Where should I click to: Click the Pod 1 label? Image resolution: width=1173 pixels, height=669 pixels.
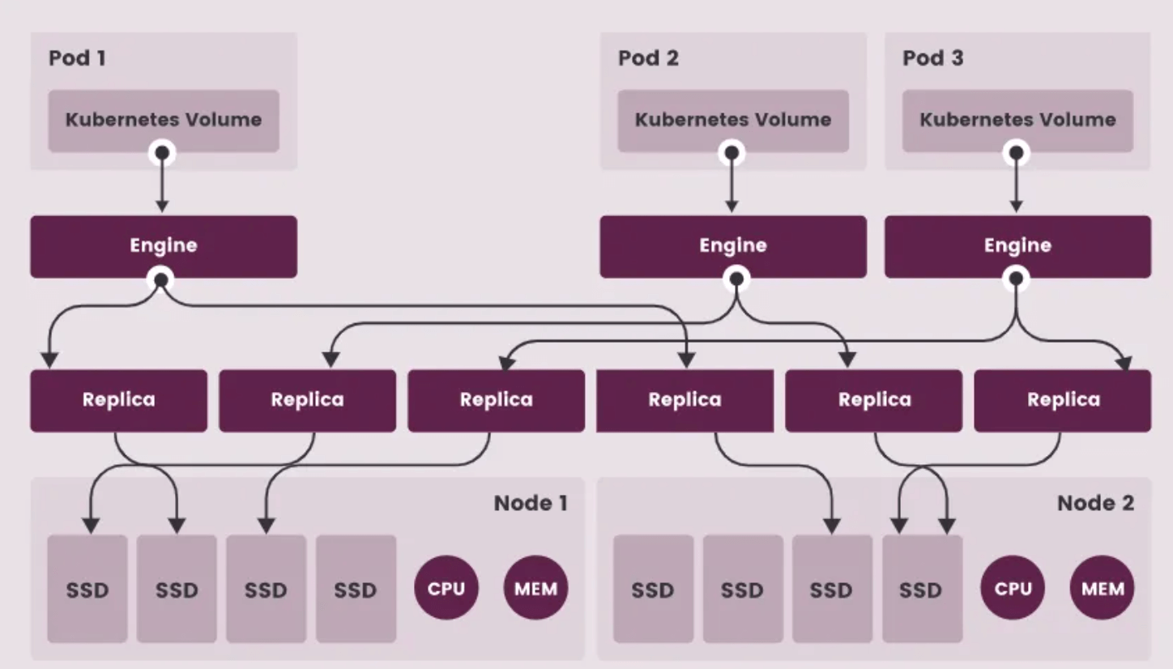pyautogui.click(x=77, y=58)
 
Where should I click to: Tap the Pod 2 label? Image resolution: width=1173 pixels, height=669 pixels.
pyautogui.click(x=648, y=58)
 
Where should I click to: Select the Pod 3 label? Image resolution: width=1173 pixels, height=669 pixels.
pyautogui.click(x=932, y=58)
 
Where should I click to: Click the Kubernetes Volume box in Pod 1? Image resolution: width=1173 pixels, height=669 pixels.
pyautogui.click(x=164, y=120)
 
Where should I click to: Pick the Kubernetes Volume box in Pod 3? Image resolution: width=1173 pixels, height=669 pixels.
pyautogui.click(x=1017, y=120)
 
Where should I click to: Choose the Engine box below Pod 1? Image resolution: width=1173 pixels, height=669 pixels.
pyautogui.click(x=164, y=246)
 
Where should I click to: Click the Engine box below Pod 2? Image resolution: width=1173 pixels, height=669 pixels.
pyautogui.click(x=733, y=246)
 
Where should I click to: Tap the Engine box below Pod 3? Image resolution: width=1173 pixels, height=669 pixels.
pyautogui.click(x=1017, y=246)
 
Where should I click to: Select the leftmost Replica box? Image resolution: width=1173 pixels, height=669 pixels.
pyautogui.click(x=118, y=400)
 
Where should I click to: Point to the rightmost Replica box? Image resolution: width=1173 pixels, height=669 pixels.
pyautogui.click(x=1063, y=400)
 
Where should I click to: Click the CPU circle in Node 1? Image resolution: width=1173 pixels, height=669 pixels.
pyautogui.click(x=446, y=588)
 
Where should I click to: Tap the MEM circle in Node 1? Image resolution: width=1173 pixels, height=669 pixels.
pyautogui.click(x=536, y=588)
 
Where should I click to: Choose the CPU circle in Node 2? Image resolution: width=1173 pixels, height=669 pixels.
pyautogui.click(x=1013, y=588)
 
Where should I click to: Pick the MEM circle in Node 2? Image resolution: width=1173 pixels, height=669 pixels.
pyautogui.click(x=1103, y=588)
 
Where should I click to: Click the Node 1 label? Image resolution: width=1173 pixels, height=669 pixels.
pyautogui.click(x=531, y=503)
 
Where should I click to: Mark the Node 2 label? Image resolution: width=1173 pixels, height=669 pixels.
pyautogui.click(x=1095, y=503)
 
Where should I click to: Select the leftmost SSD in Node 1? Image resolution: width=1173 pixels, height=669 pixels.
pyautogui.click(x=87, y=589)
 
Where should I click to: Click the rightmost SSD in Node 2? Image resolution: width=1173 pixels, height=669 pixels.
pyautogui.click(x=922, y=589)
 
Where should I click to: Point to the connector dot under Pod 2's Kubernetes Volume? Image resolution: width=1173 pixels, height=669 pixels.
pyautogui.click(x=732, y=151)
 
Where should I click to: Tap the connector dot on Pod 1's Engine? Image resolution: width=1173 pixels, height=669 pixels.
pyautogui.click(x=162, y=279)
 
